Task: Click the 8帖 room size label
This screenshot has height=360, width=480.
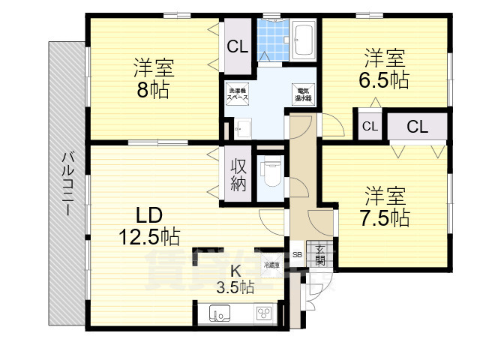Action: coord(154,90)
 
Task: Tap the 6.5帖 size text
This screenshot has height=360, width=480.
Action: coord(386,79)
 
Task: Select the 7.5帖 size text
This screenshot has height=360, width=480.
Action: coord(385,218)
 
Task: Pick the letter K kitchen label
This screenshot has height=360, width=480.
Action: coord(235,271)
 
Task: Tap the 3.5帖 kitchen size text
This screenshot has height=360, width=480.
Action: coord(235,287)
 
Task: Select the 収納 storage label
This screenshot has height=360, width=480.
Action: coord(238,174)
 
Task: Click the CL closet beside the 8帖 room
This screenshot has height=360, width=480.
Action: coord(238,47)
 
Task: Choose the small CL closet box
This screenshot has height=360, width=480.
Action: coord(370,126)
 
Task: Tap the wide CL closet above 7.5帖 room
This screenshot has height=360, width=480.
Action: coord(417,126)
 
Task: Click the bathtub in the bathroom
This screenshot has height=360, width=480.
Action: coord(304,40)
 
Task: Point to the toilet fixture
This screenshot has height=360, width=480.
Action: coord(270,172)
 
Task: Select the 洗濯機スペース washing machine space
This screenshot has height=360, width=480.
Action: coord(238,95)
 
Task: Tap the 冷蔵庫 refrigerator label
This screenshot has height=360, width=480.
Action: coord(271,265)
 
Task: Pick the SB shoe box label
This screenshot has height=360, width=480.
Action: coord(297,253)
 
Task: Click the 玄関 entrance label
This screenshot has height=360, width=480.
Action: coord(319,255)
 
